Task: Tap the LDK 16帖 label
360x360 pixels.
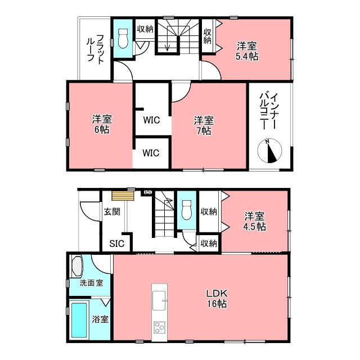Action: [217, 299]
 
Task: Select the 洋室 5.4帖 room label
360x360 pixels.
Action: [247, 51]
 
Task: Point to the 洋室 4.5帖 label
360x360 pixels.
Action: [254, 222]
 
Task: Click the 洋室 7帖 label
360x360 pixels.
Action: [204, 125]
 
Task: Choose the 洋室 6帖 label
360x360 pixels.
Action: [102, 124]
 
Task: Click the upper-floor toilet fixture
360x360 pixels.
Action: [123, 38]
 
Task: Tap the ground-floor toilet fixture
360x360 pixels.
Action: [186, 210]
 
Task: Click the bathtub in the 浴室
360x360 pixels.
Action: [79, 320]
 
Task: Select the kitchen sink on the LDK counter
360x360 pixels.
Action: [159, 300]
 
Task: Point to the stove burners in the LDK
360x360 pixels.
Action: [159, 327]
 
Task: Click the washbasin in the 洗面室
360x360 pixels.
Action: [77, 267]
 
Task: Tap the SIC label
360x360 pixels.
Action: [117, 244]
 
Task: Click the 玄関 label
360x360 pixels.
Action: [112, 211]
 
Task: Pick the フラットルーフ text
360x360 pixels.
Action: [96, 48]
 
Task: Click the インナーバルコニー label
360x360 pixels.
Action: [269, 111]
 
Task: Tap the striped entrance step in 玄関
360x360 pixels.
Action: [123, 196]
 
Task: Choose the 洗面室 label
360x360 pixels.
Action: [91, 283]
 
